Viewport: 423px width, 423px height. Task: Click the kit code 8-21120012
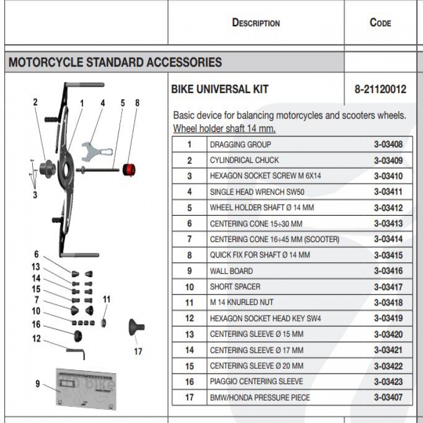[x=380, y=89]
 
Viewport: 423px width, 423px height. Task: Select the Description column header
[x=256, y=23]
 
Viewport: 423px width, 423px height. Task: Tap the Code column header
[x=380, y=23]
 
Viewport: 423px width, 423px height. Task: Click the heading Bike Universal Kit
[x=219, y=89]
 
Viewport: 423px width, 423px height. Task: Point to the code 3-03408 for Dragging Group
[x=388, y=144]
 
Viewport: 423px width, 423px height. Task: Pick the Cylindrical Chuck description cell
[x=244, y=160]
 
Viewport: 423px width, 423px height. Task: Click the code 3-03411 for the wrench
[x=388, y=192]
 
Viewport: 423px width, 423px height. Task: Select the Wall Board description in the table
[x=231, y=271]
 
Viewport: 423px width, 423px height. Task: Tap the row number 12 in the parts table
[x=189, y=318]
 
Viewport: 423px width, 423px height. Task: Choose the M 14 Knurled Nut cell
[x=242, y=302]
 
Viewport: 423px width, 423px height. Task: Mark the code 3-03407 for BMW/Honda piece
[x=388, y=398]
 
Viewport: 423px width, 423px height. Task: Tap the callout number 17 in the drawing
[x=138, y=351]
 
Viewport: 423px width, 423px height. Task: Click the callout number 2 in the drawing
[x=35, y=103]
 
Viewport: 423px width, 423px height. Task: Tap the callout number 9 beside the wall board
[x=38, y=384]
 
